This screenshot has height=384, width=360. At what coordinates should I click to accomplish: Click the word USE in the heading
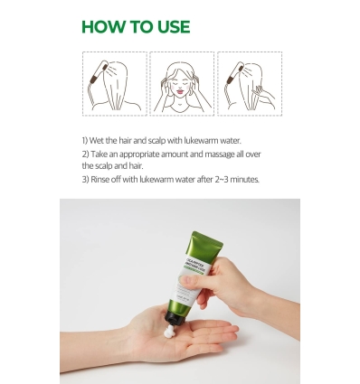tap(170, 27)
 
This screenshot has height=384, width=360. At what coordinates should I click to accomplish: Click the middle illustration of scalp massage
tap(181, 83)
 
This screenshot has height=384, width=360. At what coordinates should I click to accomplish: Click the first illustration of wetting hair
tap(114, 83)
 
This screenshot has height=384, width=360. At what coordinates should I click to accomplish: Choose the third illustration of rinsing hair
tap(247, 83)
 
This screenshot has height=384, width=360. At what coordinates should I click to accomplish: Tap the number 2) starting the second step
tap(85, 154)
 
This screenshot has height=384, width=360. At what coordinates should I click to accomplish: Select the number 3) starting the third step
tap(85, 179)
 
